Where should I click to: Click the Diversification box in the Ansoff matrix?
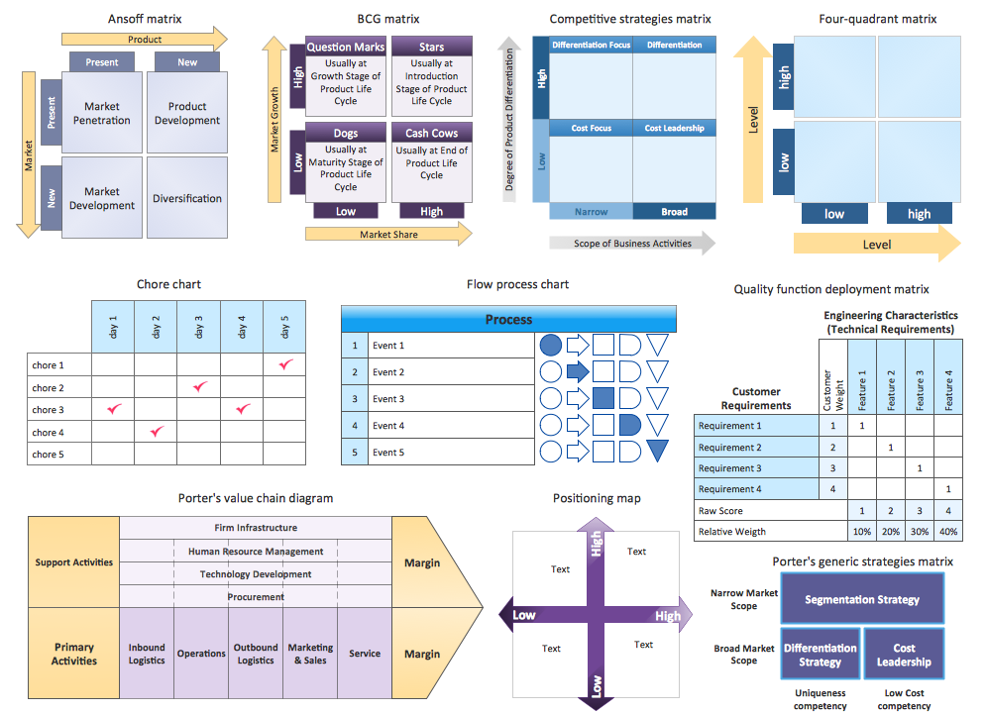187,198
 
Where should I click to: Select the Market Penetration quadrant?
101,113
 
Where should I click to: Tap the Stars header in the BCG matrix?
431,47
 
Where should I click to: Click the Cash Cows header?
431,133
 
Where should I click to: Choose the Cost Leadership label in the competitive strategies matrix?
674,128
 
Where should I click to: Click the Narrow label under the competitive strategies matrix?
592,211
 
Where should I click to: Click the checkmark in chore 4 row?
157,432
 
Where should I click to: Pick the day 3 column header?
199,326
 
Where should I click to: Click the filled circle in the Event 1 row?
551,346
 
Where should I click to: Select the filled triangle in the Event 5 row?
658,451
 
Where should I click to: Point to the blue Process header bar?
508,319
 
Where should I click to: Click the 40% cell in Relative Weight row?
948,531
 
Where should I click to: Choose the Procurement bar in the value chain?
256,597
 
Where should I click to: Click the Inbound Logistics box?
147,654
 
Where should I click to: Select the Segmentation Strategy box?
862,599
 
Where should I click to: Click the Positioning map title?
597,498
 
